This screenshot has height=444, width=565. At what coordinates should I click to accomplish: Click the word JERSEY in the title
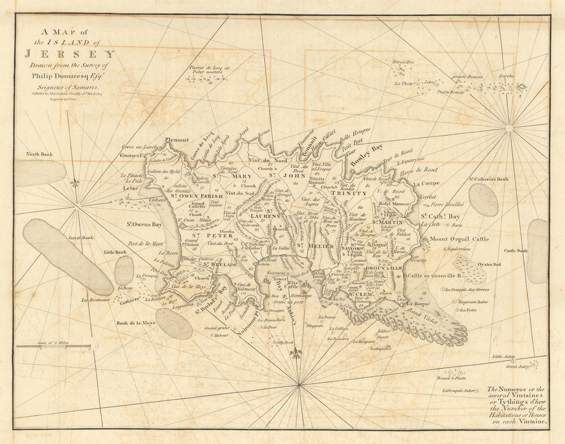coord(69,54)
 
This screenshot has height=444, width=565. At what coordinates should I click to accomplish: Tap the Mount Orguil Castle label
coord(459,239)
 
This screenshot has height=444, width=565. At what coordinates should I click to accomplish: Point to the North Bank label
coord(39,154)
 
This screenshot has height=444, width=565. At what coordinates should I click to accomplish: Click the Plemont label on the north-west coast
coord(176,140)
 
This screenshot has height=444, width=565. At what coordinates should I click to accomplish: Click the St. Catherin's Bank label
coord(488,179)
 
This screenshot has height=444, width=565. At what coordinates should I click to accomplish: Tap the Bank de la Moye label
coord(137,323)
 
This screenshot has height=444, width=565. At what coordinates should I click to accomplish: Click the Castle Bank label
coord(516,251)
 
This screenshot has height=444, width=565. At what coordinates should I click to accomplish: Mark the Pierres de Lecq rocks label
coord(210,71)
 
